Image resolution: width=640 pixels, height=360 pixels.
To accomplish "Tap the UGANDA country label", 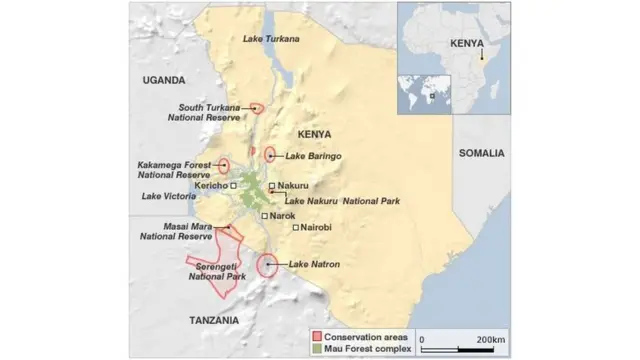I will [165, 80].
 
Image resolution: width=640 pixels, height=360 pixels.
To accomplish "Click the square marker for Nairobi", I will [296, 228].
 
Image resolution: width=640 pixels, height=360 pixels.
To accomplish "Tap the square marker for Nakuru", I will [272, 186].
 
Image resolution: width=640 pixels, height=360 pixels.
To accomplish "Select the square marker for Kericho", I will [233, 185].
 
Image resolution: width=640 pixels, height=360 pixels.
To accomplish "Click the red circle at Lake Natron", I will [267, 265].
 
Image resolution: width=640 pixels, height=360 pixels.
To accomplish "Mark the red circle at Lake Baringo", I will [270, 155].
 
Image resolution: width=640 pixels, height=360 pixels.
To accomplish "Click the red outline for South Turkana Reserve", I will [258, 108].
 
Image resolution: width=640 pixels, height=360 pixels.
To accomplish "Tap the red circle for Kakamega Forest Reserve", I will [224, 166].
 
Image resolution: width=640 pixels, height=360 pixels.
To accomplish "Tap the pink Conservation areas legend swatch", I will [315, 337].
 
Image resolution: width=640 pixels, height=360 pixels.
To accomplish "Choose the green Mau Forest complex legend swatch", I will [315, 349].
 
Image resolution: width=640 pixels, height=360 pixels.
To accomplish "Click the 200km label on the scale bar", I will [490, 339].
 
